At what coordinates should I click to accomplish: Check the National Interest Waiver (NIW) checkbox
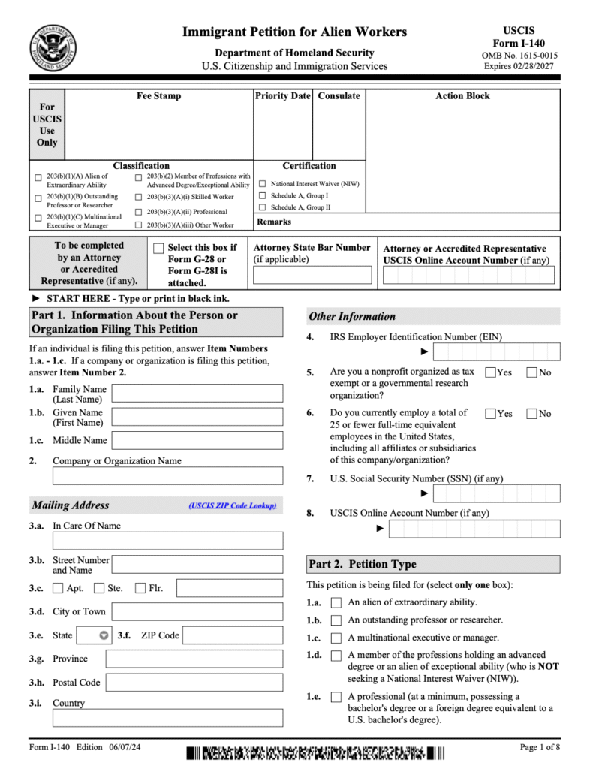(263, 183)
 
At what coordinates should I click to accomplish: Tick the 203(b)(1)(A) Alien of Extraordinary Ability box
(38, 177)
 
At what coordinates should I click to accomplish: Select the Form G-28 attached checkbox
(158, 249)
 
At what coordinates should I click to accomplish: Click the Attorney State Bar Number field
(312, 275)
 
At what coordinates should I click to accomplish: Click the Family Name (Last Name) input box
(197, 394)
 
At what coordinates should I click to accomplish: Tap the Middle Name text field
(197, 440)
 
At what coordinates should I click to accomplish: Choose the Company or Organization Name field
(167, 475)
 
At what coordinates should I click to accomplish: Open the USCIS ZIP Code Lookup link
(233, 506)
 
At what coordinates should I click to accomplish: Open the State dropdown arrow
(104, 635)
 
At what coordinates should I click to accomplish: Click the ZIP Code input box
(233, 635)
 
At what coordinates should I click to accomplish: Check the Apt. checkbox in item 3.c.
(59, 588)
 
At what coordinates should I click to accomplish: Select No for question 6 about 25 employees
(531, 414)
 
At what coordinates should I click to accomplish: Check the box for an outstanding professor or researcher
(336, 620)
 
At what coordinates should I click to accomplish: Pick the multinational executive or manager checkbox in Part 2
(336, 638)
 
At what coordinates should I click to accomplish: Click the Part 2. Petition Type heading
(362, 564)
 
